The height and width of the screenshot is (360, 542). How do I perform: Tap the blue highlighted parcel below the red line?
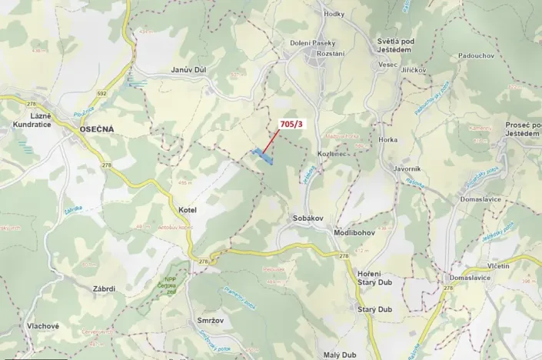[x=264, y=156]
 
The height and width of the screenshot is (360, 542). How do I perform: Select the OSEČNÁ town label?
[x=96, y=129]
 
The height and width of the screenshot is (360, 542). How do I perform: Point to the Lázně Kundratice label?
[x=31, y=118]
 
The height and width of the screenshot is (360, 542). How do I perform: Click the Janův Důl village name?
[x=189, y=70]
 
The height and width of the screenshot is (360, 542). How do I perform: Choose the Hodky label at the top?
[x=334, y=14]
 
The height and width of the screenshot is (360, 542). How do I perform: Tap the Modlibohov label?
[x=354, y=232]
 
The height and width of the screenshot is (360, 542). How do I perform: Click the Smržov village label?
[x=201, y=318]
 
